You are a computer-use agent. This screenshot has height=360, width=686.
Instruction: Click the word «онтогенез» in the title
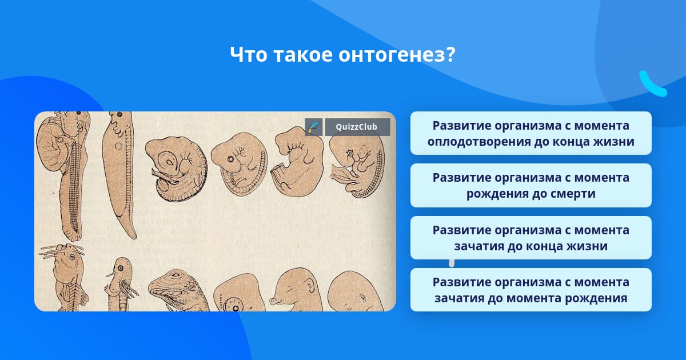click(x=392, y=54)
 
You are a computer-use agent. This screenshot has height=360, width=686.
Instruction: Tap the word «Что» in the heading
click(x=248, y=54)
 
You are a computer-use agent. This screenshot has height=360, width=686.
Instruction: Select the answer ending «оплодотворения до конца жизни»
click(x=531, y=133)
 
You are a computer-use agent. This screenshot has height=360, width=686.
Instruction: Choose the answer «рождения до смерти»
click(x=531, y=186)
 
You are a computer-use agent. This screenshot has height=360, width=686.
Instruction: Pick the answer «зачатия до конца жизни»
click(x=531, y=238)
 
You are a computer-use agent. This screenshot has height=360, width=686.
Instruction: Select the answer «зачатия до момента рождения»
click(x=531, y=290)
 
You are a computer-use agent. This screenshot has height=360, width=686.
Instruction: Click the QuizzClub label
click(x=357, y=127)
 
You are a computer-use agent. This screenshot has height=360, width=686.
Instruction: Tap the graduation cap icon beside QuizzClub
click(x=314, y=127)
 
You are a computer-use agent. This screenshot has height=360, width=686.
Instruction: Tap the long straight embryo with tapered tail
click(x=119, y=174)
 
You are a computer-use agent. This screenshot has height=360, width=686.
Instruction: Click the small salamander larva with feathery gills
click(x=121, y=285)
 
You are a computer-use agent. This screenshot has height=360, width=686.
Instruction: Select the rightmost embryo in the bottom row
click(x=355, y=291)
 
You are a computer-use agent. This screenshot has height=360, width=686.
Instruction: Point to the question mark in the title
click(x=451, y=54)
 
